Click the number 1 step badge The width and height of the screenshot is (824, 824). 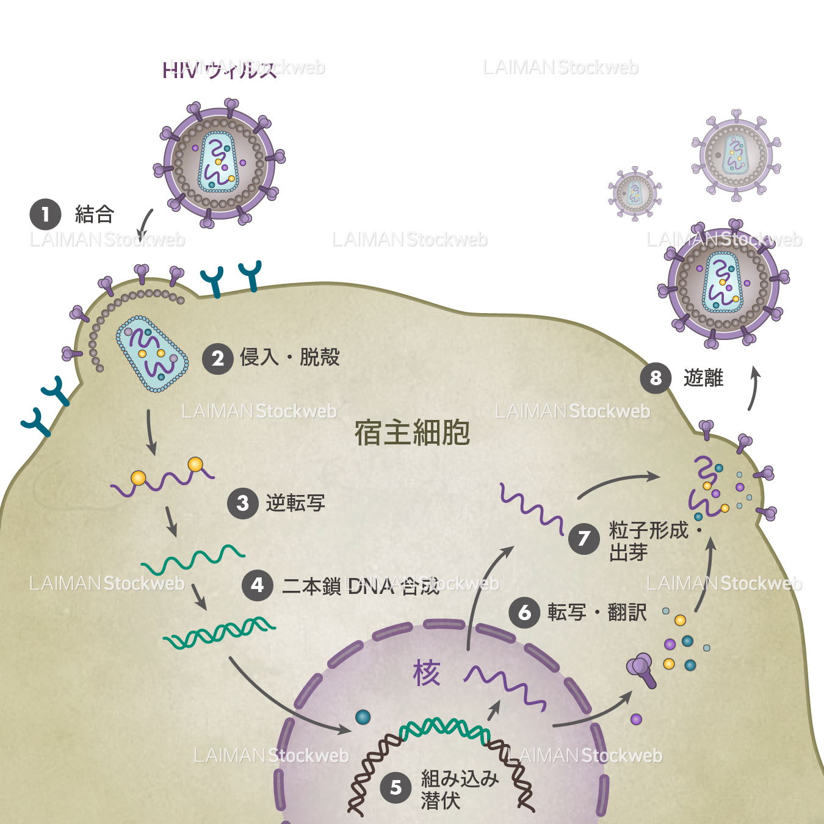45,214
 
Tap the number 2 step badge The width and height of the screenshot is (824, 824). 218,358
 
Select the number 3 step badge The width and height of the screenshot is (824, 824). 243,504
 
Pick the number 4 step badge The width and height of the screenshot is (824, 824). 258,585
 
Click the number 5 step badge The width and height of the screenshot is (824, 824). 396,787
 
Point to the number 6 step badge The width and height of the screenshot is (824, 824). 524,612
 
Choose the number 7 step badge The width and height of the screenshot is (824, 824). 584,538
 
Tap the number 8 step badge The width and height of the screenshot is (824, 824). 656,378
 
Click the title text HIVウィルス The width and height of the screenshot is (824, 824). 219,71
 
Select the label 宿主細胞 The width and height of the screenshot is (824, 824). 412,433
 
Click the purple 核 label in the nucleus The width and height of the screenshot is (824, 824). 426,673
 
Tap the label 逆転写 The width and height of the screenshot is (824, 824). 295,504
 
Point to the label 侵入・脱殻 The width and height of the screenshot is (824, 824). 289,357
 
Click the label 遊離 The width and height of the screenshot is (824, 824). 703,378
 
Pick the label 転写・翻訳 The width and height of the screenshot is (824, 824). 596,612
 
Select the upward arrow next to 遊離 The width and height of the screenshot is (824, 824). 754,388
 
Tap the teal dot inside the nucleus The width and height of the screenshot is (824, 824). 363,717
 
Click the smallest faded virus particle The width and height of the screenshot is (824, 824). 635,193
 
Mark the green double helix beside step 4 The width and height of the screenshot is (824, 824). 219,632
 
